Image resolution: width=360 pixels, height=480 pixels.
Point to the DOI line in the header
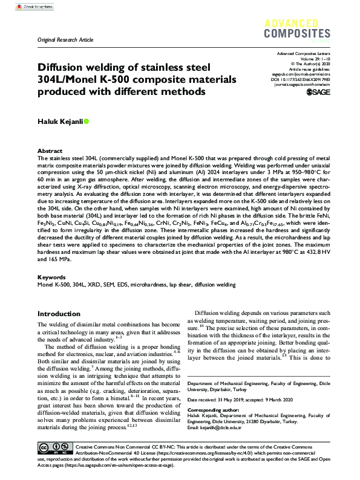[x=300, y=79]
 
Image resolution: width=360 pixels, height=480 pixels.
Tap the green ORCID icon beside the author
[x=87, y=122]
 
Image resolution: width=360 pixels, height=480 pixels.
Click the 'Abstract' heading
[x=50, y=151]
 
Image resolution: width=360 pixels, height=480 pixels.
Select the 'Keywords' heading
[x=51, y=276]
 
